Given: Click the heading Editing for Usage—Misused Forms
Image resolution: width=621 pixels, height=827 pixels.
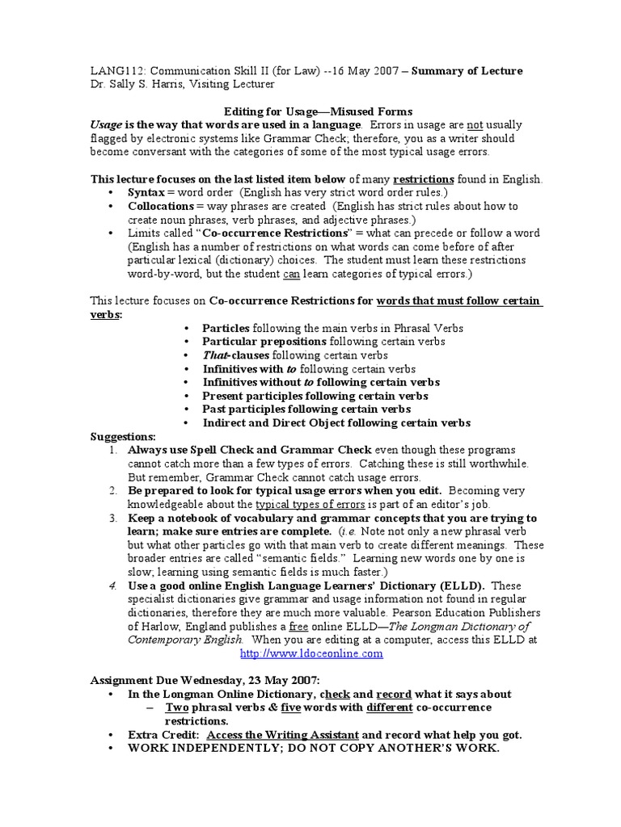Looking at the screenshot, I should (317, 111).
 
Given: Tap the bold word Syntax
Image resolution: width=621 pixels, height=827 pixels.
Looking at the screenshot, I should (146, 192).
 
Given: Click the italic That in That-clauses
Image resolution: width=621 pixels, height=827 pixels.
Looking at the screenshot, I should (215, 355).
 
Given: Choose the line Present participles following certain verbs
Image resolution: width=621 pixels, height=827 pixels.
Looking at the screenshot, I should (315, 396).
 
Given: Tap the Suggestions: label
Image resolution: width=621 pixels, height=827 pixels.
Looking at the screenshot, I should (122, 436).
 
